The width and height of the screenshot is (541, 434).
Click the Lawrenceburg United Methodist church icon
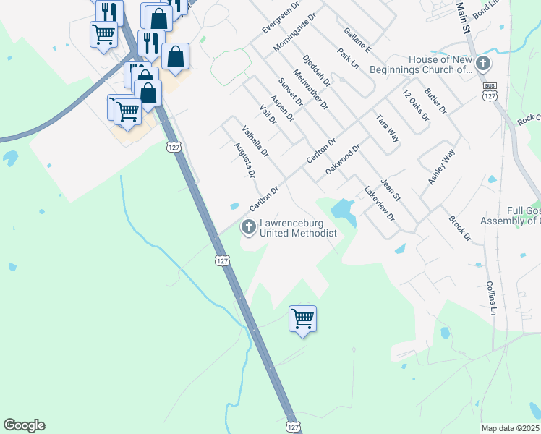click(248, 228)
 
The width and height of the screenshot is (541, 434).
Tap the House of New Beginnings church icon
click(483, 64)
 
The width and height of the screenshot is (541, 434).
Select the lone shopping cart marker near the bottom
click(302, 318)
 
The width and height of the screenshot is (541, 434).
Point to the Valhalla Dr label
click(255, 142)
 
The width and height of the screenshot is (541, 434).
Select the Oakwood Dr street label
click(343, 158)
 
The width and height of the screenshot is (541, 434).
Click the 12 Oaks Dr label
click(416, 105)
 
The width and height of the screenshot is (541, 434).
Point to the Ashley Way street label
click(442, 167)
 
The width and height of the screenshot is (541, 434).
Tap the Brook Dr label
click(460, 228)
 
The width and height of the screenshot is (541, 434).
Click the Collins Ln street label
click(492, 297)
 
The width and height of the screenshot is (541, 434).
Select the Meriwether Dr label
click(311, 89)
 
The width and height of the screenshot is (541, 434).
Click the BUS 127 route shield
click(490, 91)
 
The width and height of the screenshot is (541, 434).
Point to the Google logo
click(24, 425)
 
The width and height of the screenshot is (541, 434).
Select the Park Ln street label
click(349, 58)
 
